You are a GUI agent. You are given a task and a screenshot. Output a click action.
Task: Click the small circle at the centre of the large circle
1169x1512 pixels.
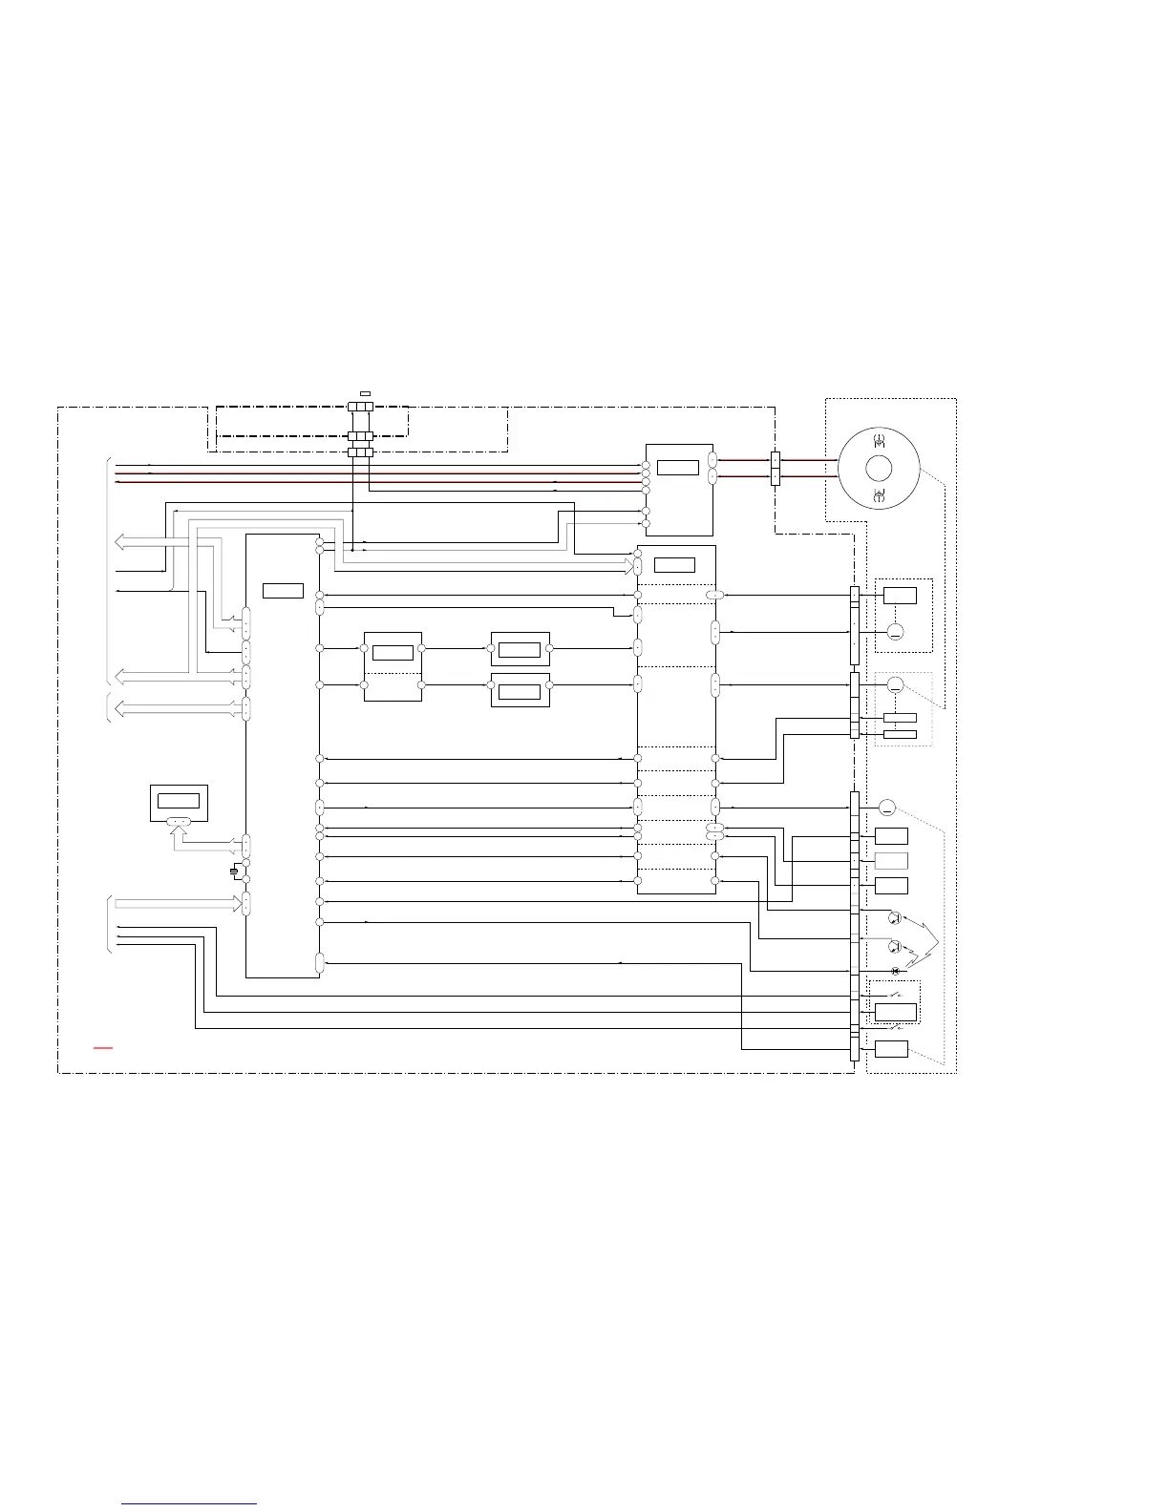[x=879, y=469]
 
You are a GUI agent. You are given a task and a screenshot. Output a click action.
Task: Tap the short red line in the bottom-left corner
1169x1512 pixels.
[x=103, y=1048]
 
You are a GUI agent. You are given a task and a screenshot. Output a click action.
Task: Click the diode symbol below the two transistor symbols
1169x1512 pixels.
[x=895, y=971]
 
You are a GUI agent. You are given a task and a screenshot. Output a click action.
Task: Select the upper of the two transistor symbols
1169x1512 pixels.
[x=895, y=918]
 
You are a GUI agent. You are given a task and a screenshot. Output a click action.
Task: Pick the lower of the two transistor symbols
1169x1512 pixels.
[x=895, y=947]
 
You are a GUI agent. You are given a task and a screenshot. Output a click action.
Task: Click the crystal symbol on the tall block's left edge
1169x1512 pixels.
[x=234, y=871]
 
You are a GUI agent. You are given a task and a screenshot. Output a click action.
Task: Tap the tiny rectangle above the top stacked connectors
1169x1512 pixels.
[x=365, y=393]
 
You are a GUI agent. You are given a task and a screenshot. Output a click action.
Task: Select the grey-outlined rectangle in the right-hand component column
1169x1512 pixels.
[x=891, y=861]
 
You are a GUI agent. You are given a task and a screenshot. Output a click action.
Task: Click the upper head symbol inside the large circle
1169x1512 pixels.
[x=879, y=441]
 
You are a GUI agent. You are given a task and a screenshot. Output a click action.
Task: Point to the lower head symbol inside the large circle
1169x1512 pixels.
[x=879, y=494]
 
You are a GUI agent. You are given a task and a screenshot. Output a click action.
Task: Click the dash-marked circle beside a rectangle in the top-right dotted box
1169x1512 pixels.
[x=895, y=632]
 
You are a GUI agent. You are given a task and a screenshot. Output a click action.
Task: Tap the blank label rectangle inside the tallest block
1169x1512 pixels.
[x=283, y=590]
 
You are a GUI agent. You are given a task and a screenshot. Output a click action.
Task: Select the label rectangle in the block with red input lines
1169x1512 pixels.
[x=678, y=467]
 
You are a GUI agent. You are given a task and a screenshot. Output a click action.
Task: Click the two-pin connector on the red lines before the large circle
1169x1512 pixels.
[x=776, y=468]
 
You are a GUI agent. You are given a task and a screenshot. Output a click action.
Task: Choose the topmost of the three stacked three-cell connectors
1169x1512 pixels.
[x=360, y=407]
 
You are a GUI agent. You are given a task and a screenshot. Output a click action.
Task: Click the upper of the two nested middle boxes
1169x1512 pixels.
[x=520, y=649]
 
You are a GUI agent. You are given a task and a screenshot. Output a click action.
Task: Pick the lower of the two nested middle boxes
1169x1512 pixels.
[x=520, y=690]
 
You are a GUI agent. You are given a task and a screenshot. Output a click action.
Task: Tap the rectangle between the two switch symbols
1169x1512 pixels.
[x=896, y=1012]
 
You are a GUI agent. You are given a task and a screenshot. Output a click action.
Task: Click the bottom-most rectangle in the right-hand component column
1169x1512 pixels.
[x=891, y=1049]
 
